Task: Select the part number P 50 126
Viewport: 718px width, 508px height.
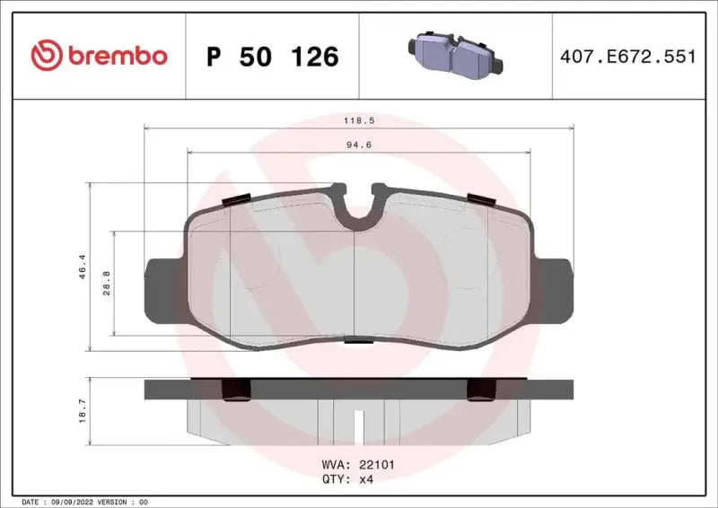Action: [272, 57]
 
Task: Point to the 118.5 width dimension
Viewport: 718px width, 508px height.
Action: [358, 118]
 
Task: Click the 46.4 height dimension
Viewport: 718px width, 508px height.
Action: [82, 266]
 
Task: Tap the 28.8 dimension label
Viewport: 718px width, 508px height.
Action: [106, 283]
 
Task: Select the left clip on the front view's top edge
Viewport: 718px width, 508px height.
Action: [236, 199]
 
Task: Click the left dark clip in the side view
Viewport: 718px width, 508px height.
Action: [236, 388]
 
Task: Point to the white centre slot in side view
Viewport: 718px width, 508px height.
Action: [358, 423]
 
